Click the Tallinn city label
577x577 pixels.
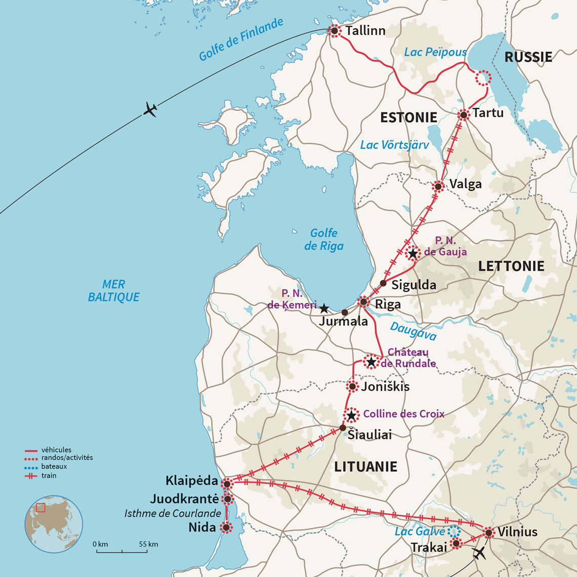coord(365,31)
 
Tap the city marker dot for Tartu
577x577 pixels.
coord(463,115)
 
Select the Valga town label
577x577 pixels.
coord(466,184)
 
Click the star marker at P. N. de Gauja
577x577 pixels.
coord(413,253)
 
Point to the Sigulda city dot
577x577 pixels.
coord(383,283)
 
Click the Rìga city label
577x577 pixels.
coord(388,304)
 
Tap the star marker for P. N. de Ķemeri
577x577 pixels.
coord(324,308)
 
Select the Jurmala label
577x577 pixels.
coord(343,321)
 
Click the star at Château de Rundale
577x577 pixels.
coord(371,361)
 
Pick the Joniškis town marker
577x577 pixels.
coord(352,387)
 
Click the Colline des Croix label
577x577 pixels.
coord(404,414)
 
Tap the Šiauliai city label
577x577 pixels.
coord(369,435)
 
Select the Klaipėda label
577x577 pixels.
coord(192,480)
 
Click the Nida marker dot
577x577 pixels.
coord(226,528)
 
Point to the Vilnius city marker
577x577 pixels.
coord(488,532)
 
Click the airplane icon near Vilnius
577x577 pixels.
coord(478,553)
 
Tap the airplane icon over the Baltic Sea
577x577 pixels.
coord(150,109)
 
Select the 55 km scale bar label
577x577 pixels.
coord(148,544)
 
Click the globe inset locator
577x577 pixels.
coord(54,523)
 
